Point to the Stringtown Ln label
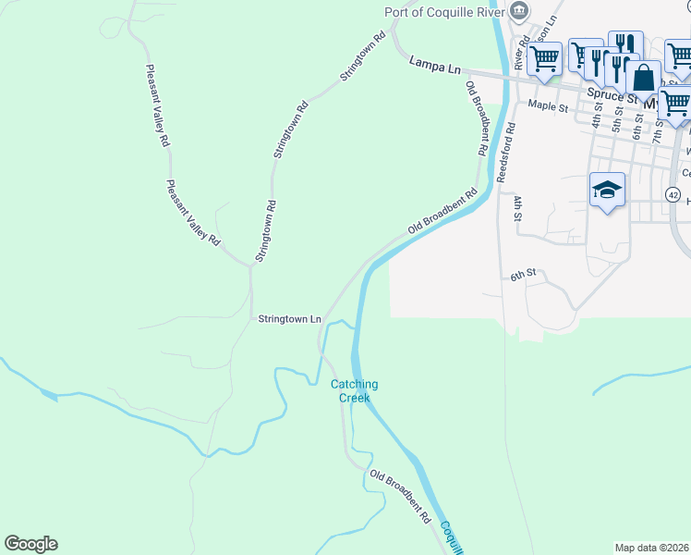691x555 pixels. pyautogui.click(x=289, y=319)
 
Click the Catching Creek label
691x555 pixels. pyautogui.click(x=355, y=391)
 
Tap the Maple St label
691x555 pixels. pyautogui.click(x=548, y=107)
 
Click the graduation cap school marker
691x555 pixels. pyautogui.click(x=607, y=190)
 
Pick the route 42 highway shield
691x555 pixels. pyautogui.click(x=673, y=196)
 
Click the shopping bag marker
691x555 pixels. pyautogui.click(x=643, y=78)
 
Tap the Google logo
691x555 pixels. pyautogui.click(x=30, y=544)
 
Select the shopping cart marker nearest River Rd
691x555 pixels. pyautogui.click(x=545, y=58)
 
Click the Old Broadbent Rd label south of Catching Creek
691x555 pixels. pyautogui.click(x=401, y=498)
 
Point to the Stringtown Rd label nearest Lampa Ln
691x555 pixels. pyautogui.click(x=361, y=57)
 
